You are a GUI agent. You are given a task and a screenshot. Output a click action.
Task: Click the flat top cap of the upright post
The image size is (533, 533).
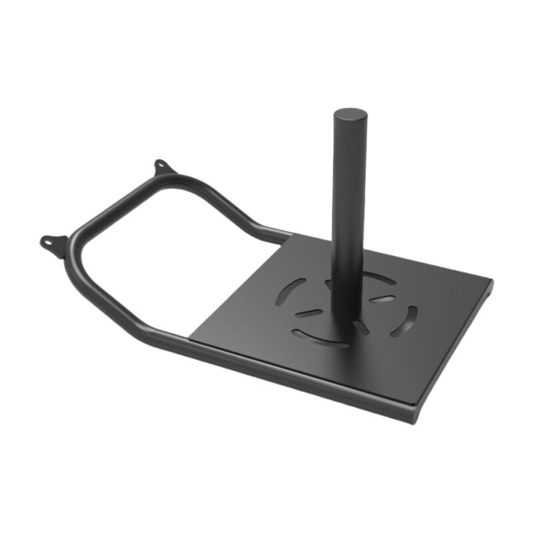point(350,115)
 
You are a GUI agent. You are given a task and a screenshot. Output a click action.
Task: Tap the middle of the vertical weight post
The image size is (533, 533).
point(348,213)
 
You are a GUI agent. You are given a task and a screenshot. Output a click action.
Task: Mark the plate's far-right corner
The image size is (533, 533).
point(492,282)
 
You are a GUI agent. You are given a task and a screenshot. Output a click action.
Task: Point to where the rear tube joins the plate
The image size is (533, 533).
point(288,235)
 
